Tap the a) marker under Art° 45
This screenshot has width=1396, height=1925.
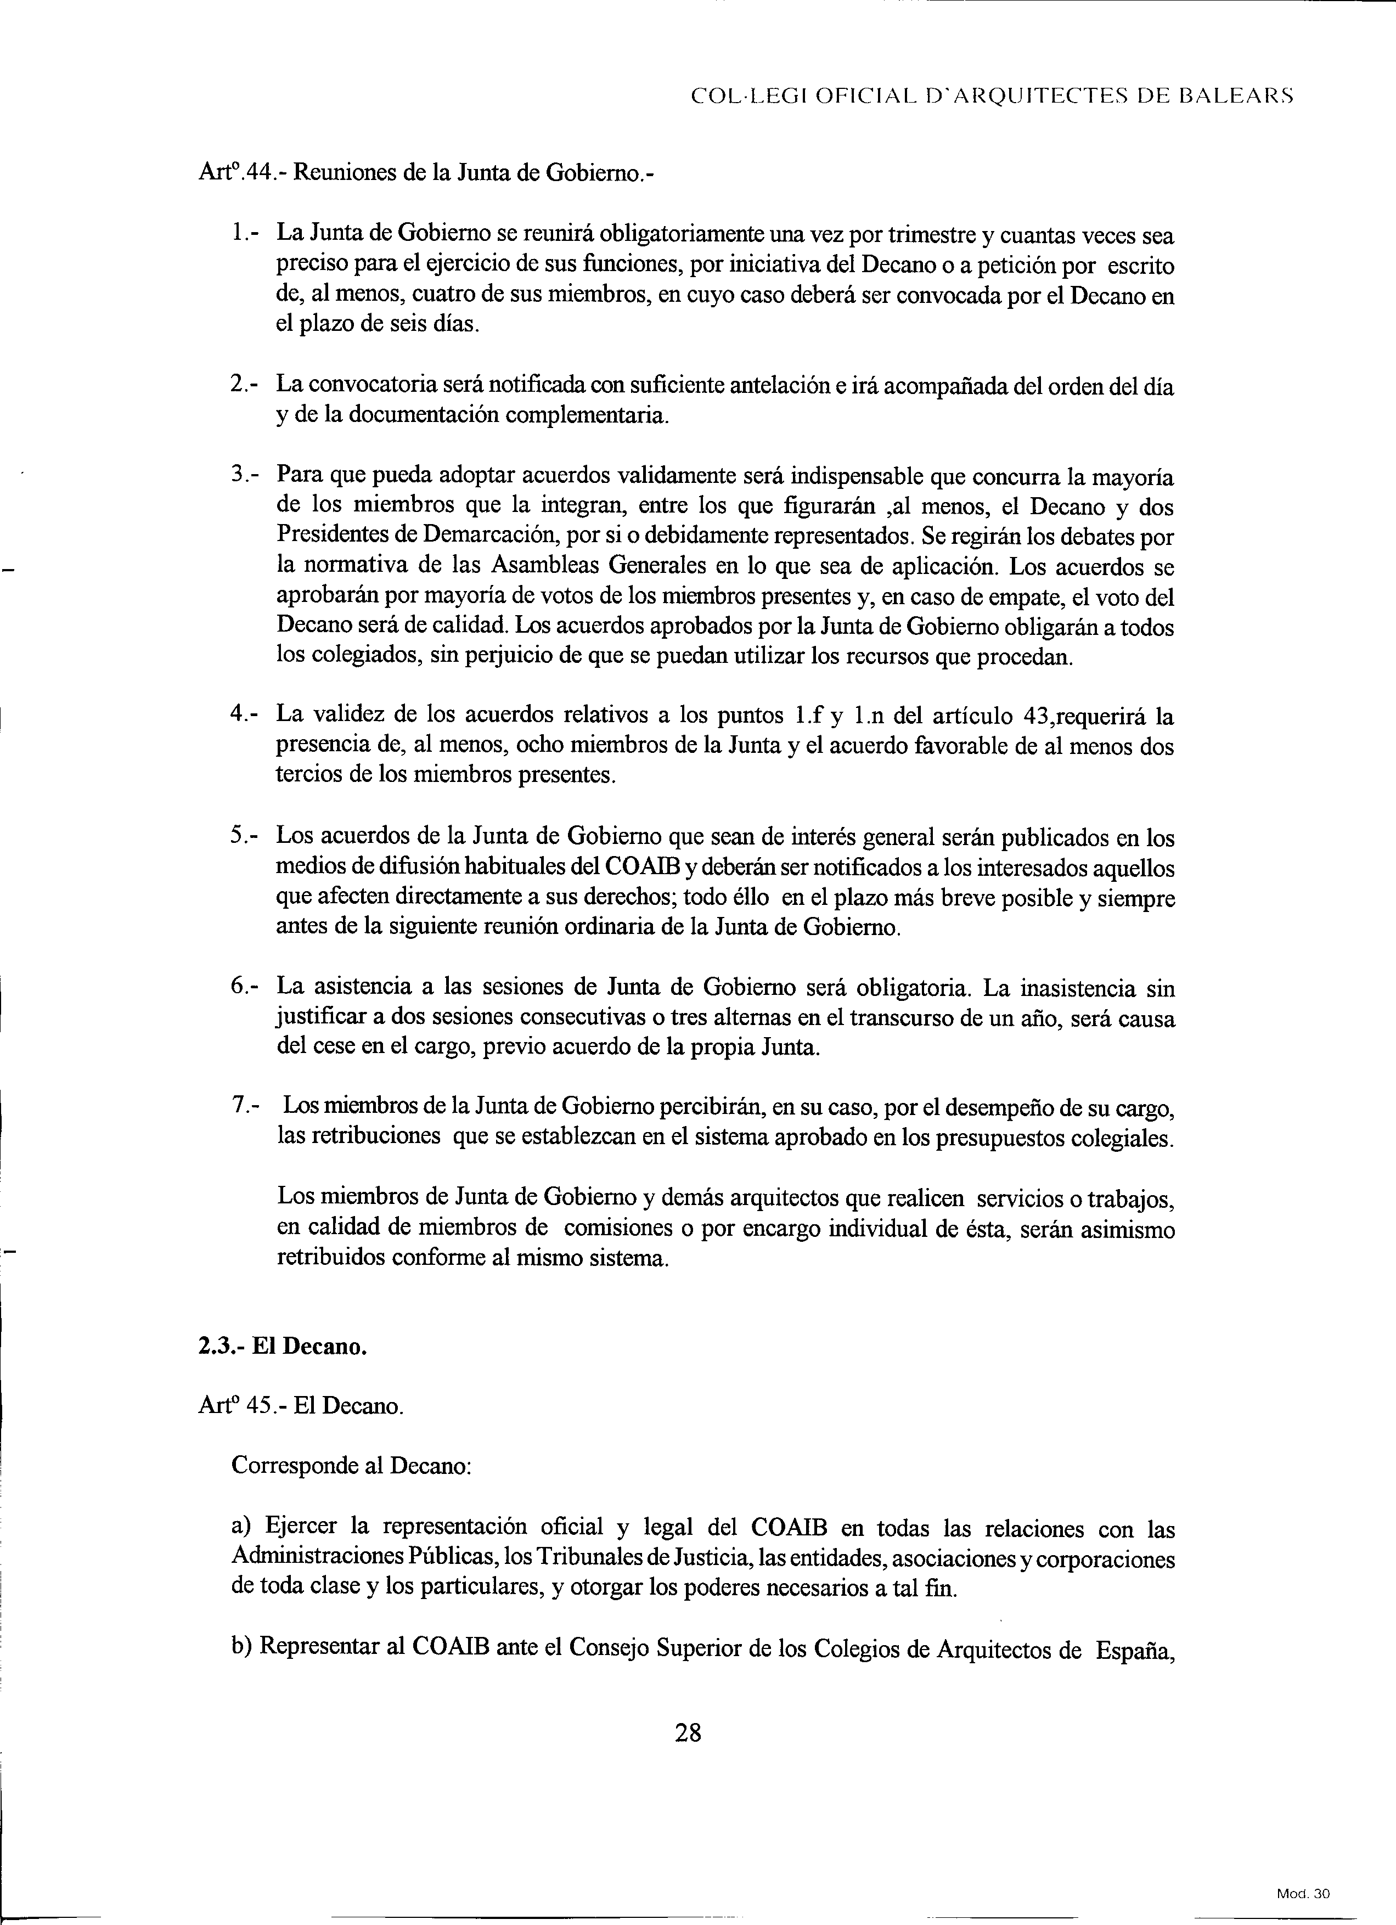[243, 1527]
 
